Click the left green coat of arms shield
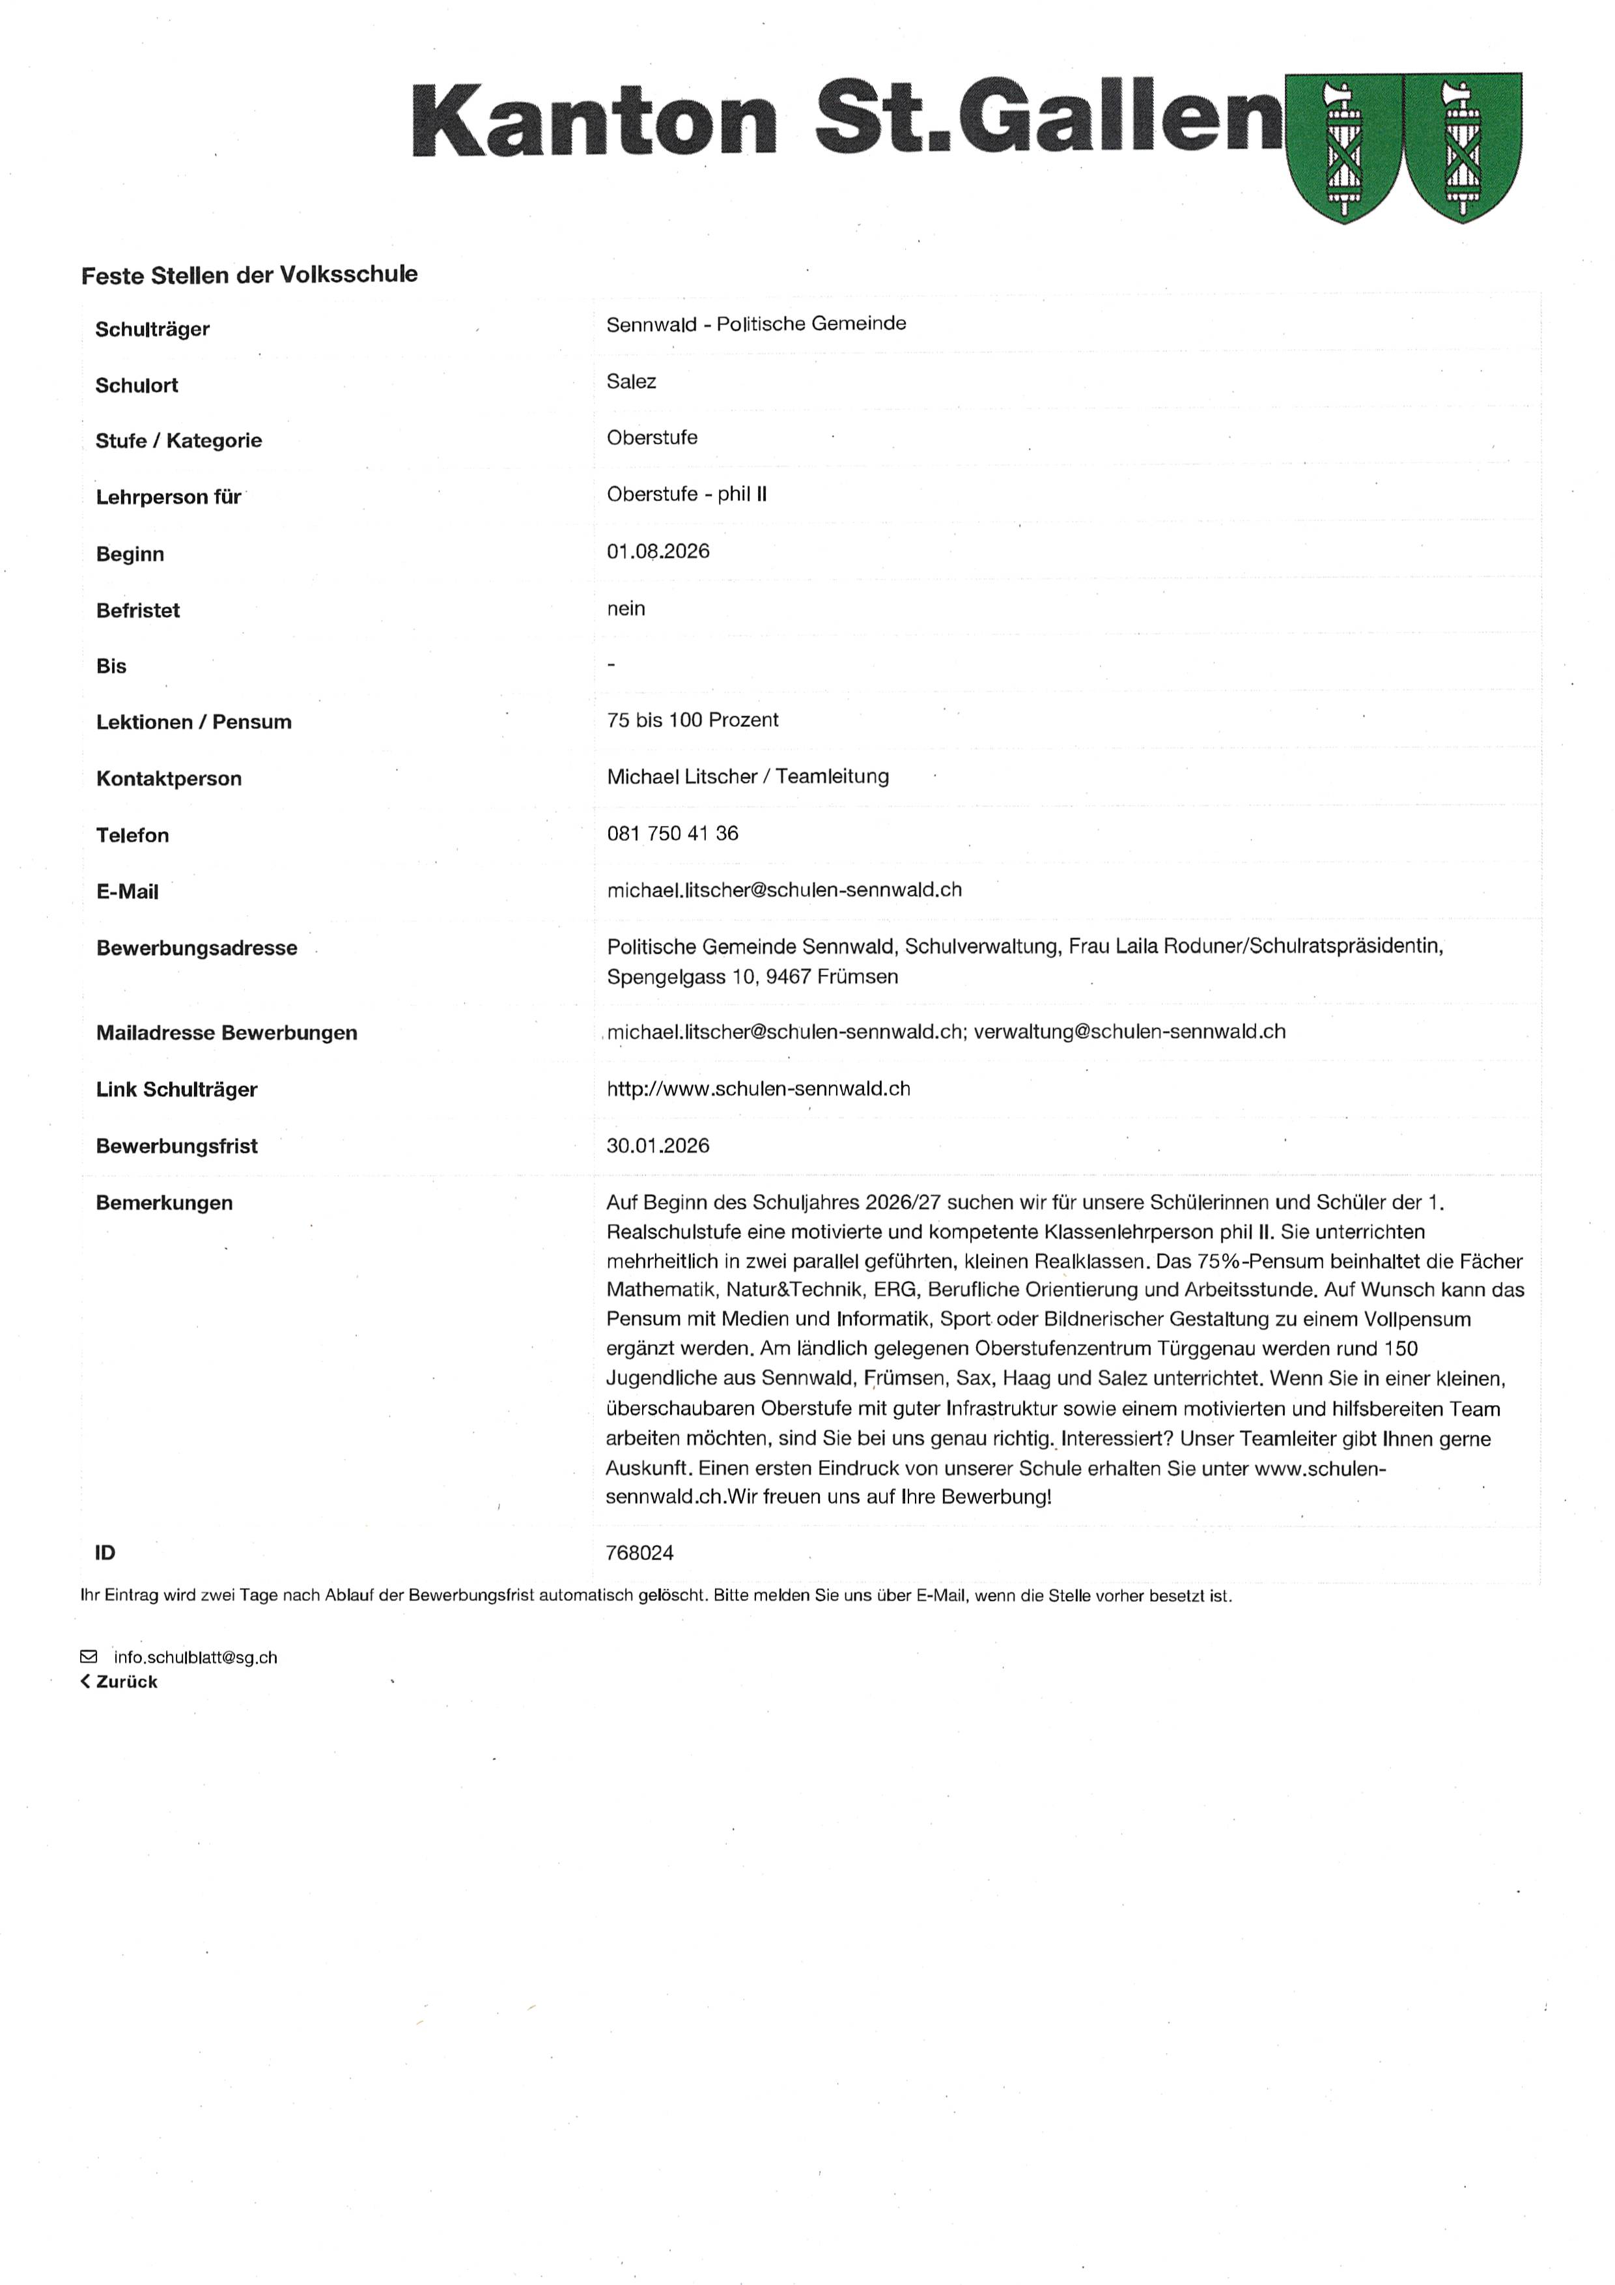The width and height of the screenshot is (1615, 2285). pos(1343,147)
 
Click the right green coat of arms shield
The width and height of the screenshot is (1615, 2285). pos(1462,147)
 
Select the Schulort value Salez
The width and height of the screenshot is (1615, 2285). pos(631,381)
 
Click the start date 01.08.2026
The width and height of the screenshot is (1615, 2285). pos(658,551)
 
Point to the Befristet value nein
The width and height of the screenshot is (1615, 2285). pos(626,608)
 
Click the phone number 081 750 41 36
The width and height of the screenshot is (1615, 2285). pos(673,833)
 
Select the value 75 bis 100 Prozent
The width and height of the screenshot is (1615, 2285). pos(693,720)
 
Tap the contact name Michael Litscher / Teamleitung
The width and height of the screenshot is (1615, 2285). pos(748,776)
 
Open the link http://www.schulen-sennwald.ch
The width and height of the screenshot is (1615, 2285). pos(758,1088)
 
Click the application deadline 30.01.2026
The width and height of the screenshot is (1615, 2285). pos(658,1146)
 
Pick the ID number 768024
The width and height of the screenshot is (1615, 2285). pos(640,1552)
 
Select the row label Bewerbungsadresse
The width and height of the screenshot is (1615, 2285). pos(196,948)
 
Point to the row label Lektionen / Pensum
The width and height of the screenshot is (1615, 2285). pos(194,722)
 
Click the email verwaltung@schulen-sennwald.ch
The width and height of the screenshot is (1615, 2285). pos(1129,1032)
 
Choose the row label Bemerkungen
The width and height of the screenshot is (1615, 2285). pos(164,1203)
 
